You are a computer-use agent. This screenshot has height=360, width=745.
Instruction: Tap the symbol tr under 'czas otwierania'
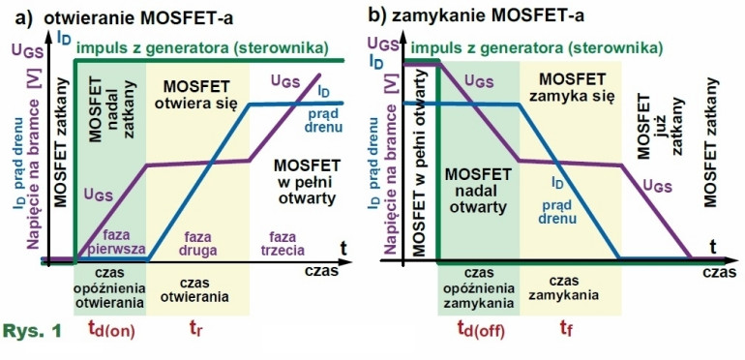pos(196,329)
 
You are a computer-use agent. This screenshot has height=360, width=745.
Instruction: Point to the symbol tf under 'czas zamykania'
pos(565,329)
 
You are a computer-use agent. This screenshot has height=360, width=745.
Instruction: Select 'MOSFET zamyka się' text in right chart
pos(575,87)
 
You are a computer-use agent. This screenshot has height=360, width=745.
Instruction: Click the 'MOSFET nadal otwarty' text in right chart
pos(478,190)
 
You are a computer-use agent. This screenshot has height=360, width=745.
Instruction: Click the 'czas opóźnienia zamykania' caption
pos(480,287)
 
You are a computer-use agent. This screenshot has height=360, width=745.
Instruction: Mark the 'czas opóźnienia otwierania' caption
pos(110,287)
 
